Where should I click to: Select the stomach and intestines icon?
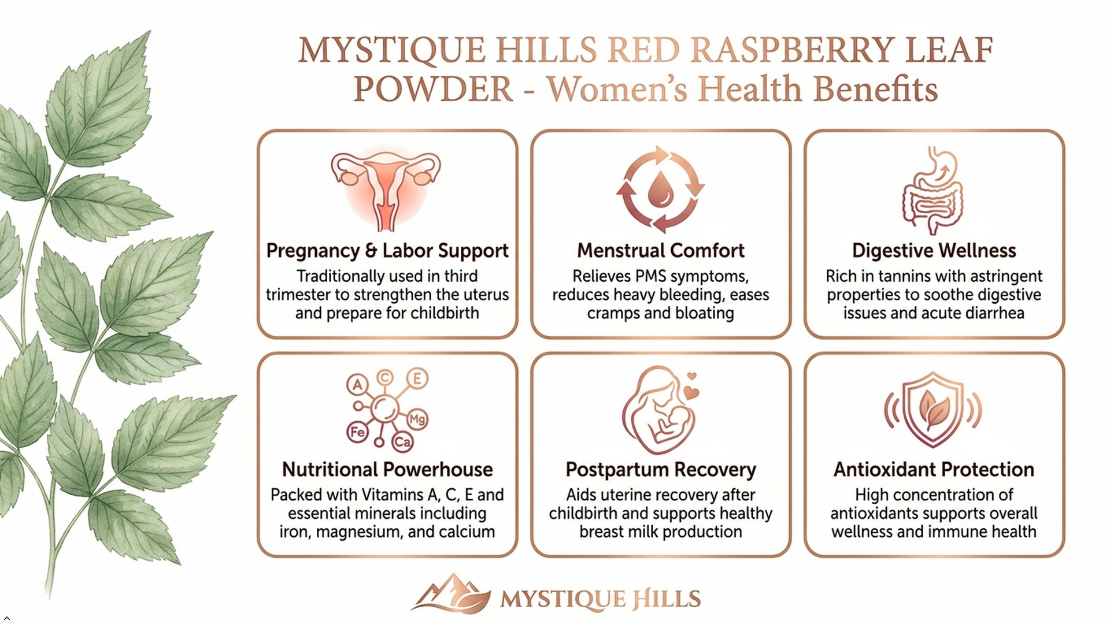click(x=933, y=190)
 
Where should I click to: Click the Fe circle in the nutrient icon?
click(x=357, y=432)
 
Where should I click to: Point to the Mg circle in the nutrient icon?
click(x=417, y=419)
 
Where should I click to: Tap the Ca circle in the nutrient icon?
click(x=402, y=443)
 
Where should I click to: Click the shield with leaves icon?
click(x=933, y=408)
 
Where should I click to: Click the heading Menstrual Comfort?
click(x=660, y=251)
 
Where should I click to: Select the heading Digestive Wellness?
click(x=934, y=251)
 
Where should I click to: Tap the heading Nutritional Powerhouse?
click(x=387, y=469)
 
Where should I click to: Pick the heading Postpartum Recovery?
click(x=661, y=470)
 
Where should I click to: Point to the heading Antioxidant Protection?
click(x=934, y=469)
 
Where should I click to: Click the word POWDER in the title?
click(x=433, y=90)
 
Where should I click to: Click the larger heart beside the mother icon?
click(x=691, y=393)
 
